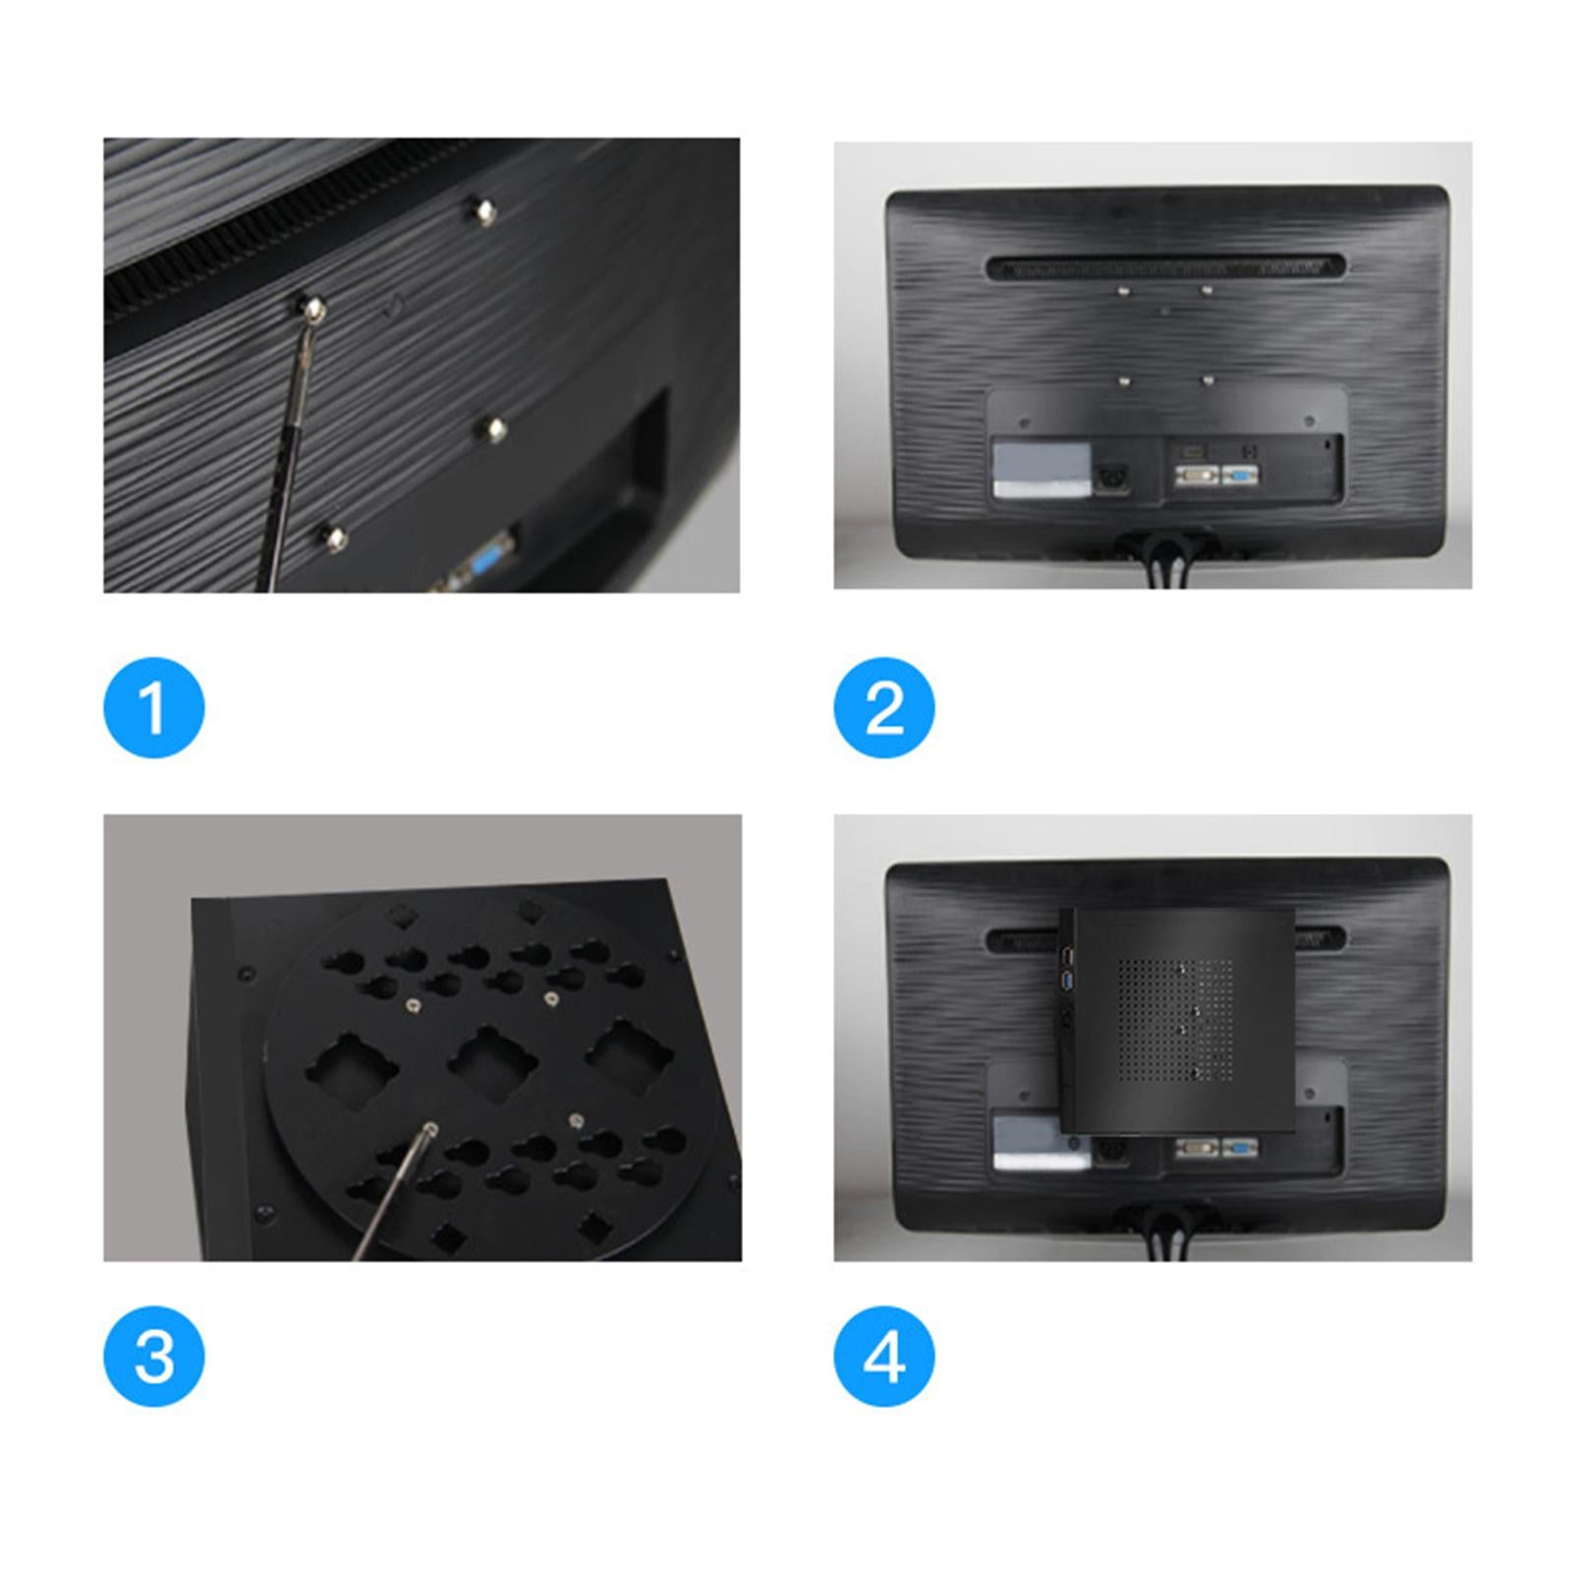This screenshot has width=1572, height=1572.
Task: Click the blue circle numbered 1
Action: [x=154, y=707]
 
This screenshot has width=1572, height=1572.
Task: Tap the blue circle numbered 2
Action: [x=884, y=707]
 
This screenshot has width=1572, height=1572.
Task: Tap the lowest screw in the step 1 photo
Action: [x=335, y=538]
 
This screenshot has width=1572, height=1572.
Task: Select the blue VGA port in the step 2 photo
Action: [x=1241, y=476]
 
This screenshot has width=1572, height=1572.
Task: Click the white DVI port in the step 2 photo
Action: [x=1197, y=476]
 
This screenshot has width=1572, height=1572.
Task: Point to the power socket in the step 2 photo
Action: [x=1114, y=474]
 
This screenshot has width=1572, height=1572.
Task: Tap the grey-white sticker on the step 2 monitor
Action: [x=1041, y=470]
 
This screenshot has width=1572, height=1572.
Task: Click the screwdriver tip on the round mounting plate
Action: [x=429, y=1130]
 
